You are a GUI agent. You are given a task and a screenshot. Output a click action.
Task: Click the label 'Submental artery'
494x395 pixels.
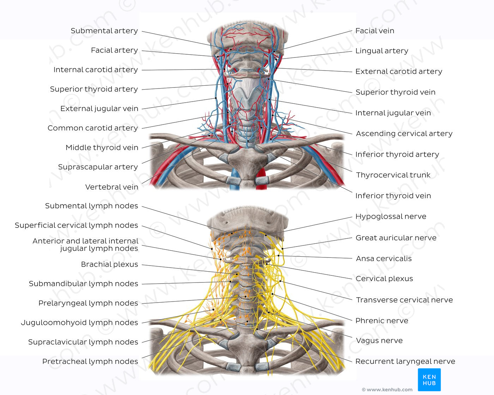pos(104,31)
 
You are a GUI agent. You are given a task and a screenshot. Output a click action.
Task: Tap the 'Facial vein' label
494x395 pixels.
pos(374,31)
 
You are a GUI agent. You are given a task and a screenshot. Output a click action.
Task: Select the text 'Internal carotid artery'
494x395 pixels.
pos(95,70)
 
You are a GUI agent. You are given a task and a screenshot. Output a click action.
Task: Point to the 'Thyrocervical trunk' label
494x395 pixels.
pos(393,175)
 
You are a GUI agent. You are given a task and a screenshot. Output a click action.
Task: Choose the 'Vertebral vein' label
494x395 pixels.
pos(112,187)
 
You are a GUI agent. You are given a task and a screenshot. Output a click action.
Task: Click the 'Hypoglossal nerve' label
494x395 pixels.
pos(391,216)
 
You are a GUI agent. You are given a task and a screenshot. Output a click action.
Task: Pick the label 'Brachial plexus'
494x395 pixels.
pos(109,264)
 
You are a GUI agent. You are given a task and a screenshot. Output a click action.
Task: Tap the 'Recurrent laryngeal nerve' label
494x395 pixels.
pos(405,361)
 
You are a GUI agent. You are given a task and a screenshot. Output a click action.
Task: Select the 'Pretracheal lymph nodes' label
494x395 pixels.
pos(90,361)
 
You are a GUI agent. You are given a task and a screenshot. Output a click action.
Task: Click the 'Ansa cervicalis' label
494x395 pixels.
pos(384,259)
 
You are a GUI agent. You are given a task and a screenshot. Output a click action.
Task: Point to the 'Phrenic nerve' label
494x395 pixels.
pos(381,321)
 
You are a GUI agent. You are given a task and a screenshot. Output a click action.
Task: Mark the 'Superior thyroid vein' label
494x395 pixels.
pos(395,92)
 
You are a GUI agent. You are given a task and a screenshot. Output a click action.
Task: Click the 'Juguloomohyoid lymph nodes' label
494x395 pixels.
pos(79,322)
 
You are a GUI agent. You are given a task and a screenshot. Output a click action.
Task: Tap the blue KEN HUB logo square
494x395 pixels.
pos(429,380)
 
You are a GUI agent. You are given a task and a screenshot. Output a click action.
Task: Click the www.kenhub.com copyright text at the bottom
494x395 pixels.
pos(387,390)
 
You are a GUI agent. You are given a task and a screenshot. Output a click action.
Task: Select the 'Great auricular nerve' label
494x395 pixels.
pos(396,238)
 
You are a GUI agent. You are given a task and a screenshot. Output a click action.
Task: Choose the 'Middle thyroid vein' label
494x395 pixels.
pos(102,147)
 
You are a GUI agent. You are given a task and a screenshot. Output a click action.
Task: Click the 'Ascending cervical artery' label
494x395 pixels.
pos(404,133)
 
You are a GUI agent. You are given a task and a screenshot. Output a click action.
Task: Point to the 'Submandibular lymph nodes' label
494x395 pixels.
pos(83,284)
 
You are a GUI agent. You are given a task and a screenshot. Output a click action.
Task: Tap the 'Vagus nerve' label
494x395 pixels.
pos(379,340)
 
